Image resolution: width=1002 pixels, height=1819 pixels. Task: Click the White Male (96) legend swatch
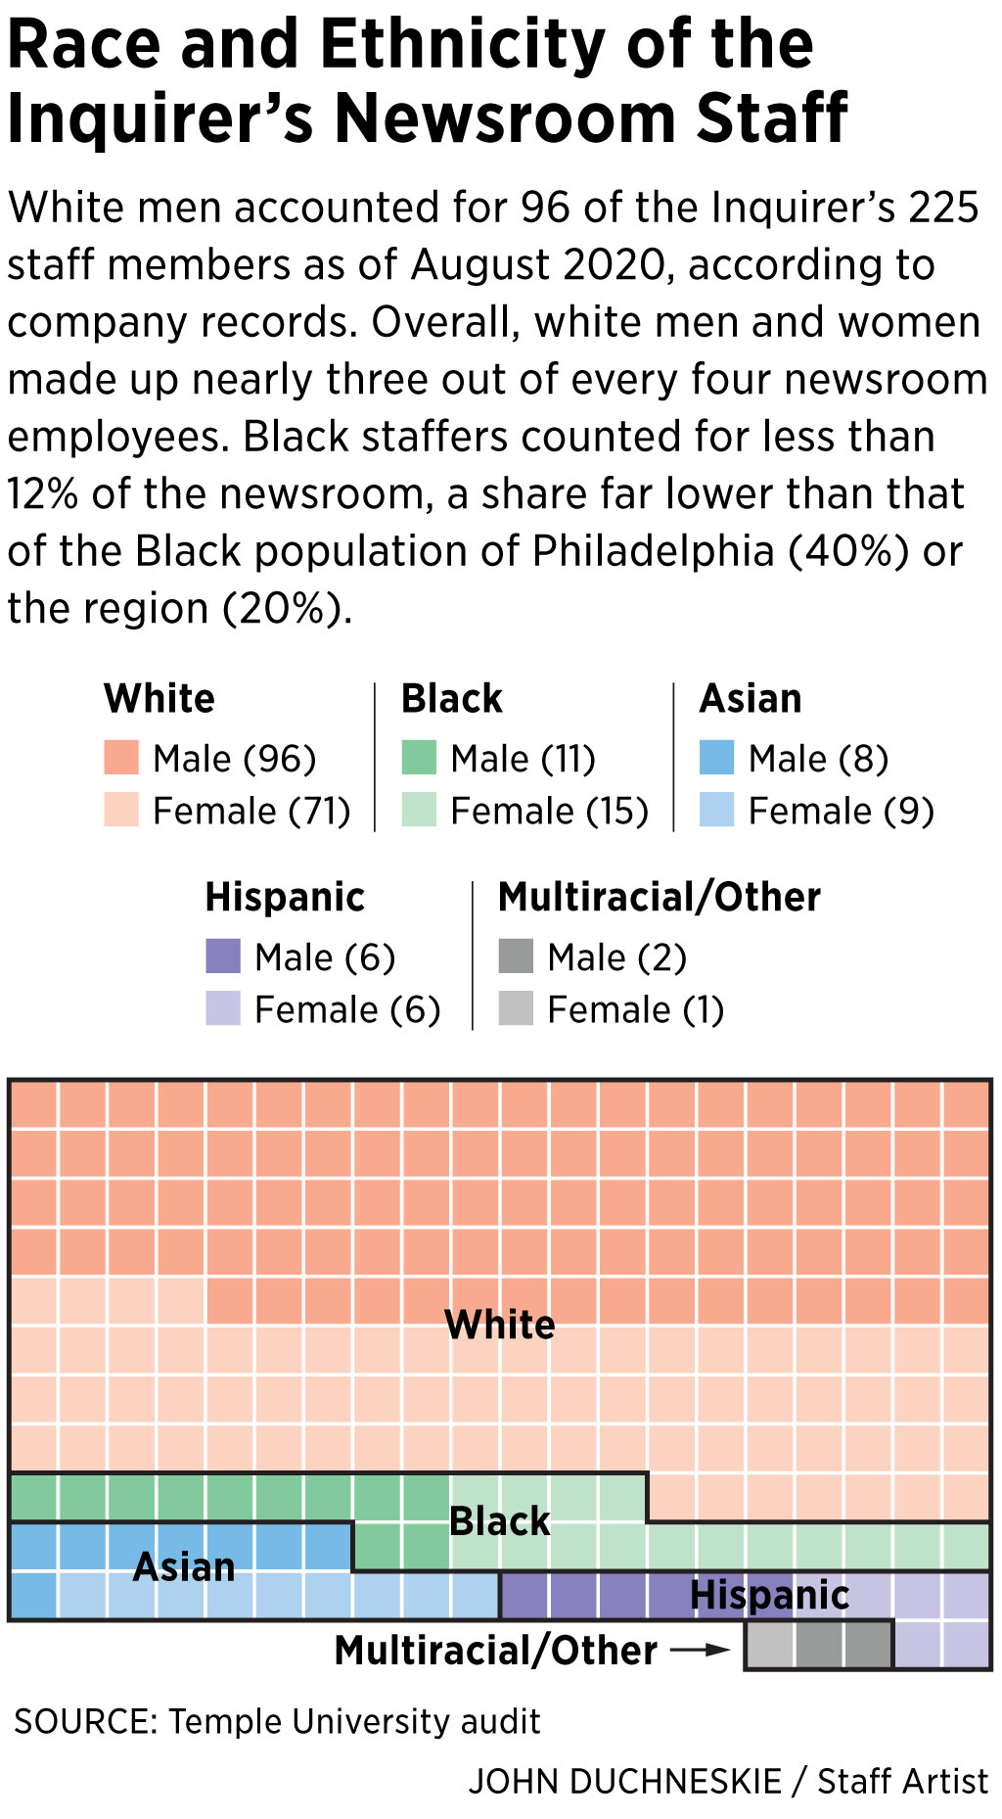121,758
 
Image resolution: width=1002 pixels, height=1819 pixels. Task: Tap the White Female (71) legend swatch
121,810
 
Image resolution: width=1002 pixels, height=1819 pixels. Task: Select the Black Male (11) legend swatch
419,758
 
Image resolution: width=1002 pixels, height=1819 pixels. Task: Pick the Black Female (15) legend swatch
419,810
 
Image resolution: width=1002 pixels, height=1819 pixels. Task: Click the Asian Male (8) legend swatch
716,758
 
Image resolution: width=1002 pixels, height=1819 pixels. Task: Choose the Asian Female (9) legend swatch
716,810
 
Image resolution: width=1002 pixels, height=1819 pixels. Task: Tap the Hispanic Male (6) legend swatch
223,956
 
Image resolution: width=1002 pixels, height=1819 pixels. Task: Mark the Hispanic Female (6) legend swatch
223,1008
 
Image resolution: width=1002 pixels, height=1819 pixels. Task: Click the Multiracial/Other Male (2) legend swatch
516,956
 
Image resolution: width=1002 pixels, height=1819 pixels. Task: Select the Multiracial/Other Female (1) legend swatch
516,1008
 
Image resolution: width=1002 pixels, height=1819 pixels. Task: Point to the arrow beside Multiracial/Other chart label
700,1650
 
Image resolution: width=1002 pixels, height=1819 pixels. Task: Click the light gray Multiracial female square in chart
769,1646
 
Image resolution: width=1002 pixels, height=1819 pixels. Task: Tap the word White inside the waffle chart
500,1325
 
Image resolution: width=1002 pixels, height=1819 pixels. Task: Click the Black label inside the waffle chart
500,1521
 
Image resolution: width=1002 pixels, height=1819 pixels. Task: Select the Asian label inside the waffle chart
184,1567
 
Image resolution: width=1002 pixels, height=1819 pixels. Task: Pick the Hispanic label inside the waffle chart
769,1595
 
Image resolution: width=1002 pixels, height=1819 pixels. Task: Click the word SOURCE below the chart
84,1721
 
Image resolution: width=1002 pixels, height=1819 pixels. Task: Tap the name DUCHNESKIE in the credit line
674,1781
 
